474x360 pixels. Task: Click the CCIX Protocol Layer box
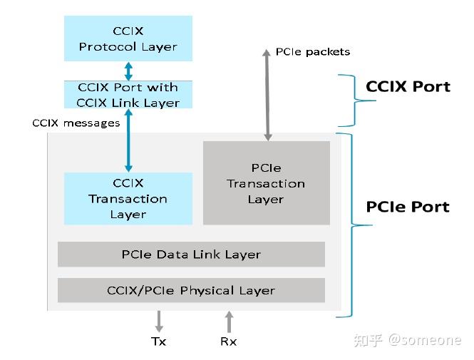click(128, 39)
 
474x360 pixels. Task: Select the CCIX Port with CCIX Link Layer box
click(128, 95)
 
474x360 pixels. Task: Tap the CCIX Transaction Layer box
click(128, 198)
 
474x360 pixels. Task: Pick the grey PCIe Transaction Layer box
click(266, 182)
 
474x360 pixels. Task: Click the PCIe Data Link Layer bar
click(191, 254)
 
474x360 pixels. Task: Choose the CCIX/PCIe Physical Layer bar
click(191, 290)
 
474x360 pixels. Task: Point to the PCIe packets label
click(312, 51)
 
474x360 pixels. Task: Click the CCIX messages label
click(76, 123)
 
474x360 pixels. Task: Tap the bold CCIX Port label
click(408, 87)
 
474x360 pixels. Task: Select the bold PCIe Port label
click(408, 207)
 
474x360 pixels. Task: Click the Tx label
click(158, 341)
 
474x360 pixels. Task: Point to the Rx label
click(228, 341)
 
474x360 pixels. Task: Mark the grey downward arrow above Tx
click(158, 321)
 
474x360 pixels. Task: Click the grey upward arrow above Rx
click(228, 321)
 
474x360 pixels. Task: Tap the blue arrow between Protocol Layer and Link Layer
click(128, 71)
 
